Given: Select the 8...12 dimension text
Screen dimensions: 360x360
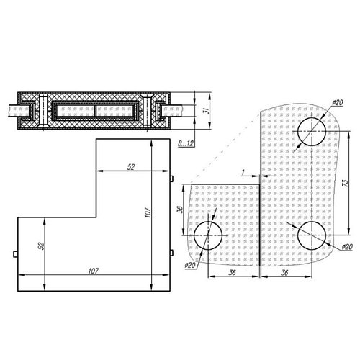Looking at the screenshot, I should coord(186,144).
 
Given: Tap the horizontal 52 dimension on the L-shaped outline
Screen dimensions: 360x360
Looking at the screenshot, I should coord(131,167).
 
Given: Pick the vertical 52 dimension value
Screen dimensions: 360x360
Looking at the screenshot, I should coord(42,246).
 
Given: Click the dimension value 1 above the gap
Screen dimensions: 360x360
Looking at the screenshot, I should coord(244,171).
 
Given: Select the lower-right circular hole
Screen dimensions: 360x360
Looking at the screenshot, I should coord(310,235).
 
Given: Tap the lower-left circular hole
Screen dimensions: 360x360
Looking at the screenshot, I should coord(208,235).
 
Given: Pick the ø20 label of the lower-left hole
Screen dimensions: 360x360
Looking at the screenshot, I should coord(189,266).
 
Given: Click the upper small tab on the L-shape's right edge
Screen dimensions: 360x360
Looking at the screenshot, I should coord(174,178).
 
